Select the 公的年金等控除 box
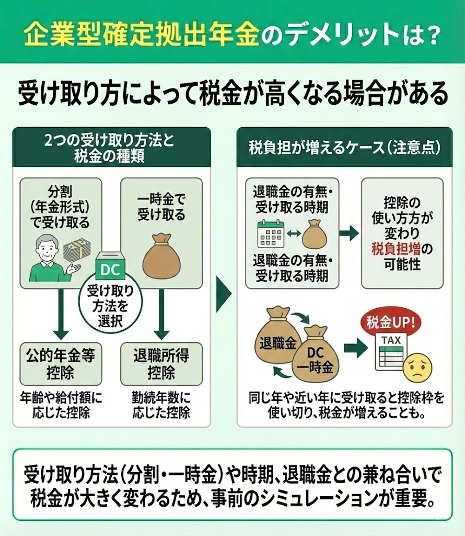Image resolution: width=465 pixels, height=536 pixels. click(x=60, y=364)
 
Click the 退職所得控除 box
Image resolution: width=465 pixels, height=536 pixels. click(x=161, y=364)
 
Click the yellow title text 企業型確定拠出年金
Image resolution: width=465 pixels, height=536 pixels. click(x=141, y=35)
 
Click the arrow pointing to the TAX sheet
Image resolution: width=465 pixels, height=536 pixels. click(x=355, y=347)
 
